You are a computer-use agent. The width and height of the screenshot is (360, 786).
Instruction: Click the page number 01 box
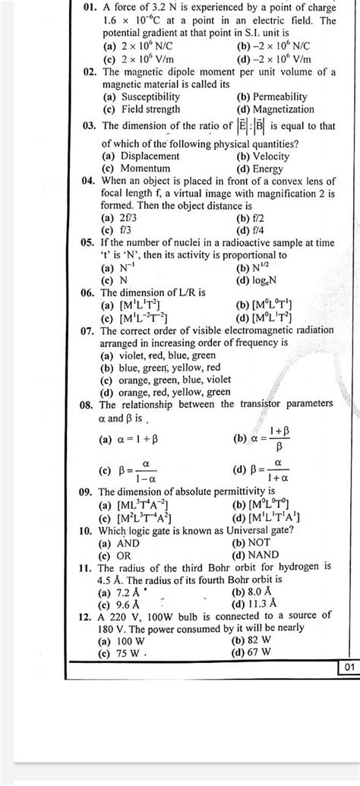click(348, 668)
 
